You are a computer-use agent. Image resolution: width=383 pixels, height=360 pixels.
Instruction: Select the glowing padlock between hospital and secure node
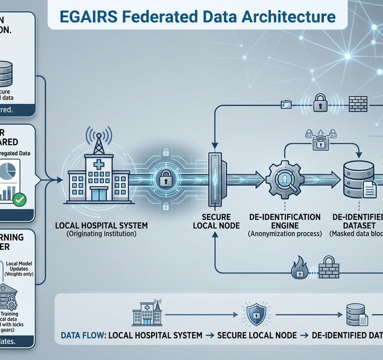pos(165,177)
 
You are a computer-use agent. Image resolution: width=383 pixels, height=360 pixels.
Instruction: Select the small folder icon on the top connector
pos(286,105)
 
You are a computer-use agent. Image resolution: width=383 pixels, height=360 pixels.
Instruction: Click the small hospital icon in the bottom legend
pos(143,314)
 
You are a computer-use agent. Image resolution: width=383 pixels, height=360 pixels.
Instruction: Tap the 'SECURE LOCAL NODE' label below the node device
pos(216,221)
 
